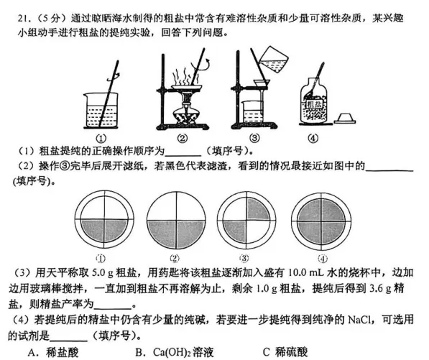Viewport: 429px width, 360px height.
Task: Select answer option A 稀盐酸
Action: pos(50,351)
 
